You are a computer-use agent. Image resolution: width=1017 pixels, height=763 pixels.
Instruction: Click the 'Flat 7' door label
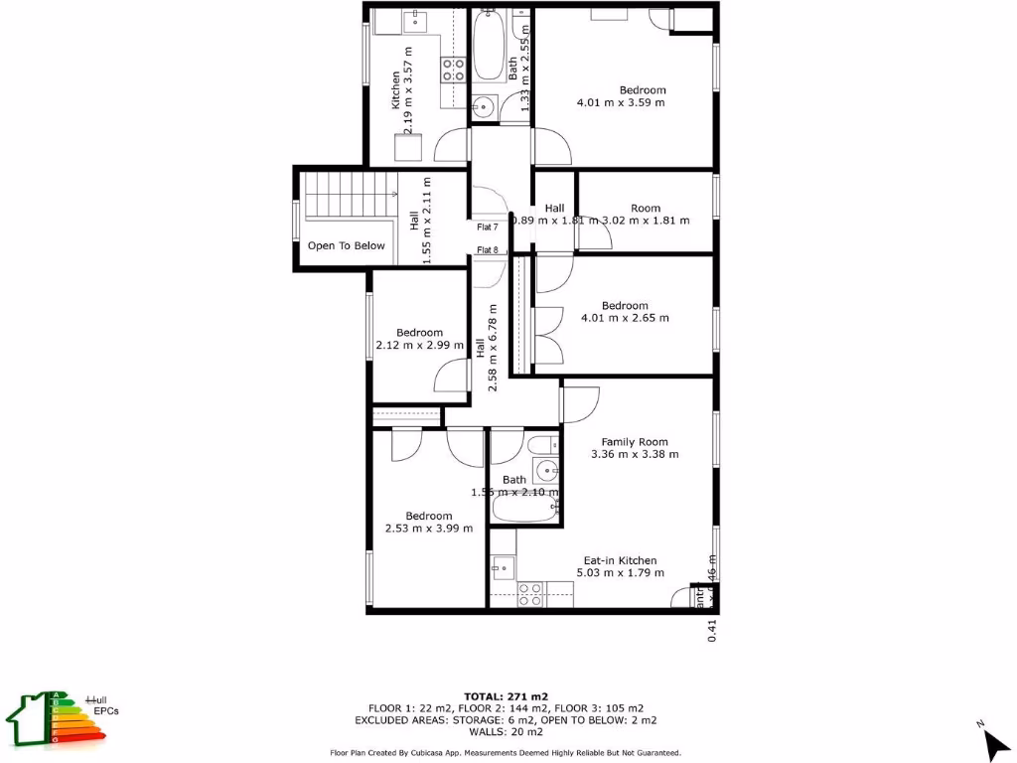pyautogui.click(x=488, y=228)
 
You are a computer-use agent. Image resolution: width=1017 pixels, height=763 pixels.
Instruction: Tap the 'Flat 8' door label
pyautogui.click(x=488, y=249)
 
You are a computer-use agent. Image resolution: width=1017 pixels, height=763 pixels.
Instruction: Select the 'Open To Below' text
pyautogui.click(x=346, y=245)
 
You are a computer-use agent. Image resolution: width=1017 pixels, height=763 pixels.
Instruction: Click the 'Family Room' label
pyautogui.click(x=635, y=442)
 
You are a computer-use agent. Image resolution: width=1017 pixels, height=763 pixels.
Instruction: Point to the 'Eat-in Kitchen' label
pyautogui.click(x=620, y=560)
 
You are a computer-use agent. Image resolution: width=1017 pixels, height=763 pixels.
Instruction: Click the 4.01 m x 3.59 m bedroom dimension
pyautogui.click(x=621, y=102)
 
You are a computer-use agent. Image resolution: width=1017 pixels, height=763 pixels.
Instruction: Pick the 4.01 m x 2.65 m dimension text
pyautogui.click(x=625, y=318)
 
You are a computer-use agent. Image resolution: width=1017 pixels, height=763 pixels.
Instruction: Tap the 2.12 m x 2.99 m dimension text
pyautogui.click(x=419, y=346)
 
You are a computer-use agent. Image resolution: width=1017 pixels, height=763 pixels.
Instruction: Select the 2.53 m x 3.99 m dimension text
pyautogui.click(x=429, y=529)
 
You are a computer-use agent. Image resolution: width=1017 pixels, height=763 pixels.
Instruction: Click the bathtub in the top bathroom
pyautogui.click(x=488, y=48)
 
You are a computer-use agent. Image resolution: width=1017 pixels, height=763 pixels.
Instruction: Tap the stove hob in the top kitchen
pyautogui.click(x=454, y=70)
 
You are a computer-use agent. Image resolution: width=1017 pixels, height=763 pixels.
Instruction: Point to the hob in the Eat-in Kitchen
pyautogui.click(x=531, y=594)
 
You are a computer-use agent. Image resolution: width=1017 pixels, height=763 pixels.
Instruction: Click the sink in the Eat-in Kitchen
pyautogui.click(x=502, y=568)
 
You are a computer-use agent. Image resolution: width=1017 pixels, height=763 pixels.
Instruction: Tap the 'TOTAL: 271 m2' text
pyautogui.click(x=507, y=696)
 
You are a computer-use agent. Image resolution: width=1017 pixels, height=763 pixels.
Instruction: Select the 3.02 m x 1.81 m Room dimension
pyautogui.click(x=646, y=221)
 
